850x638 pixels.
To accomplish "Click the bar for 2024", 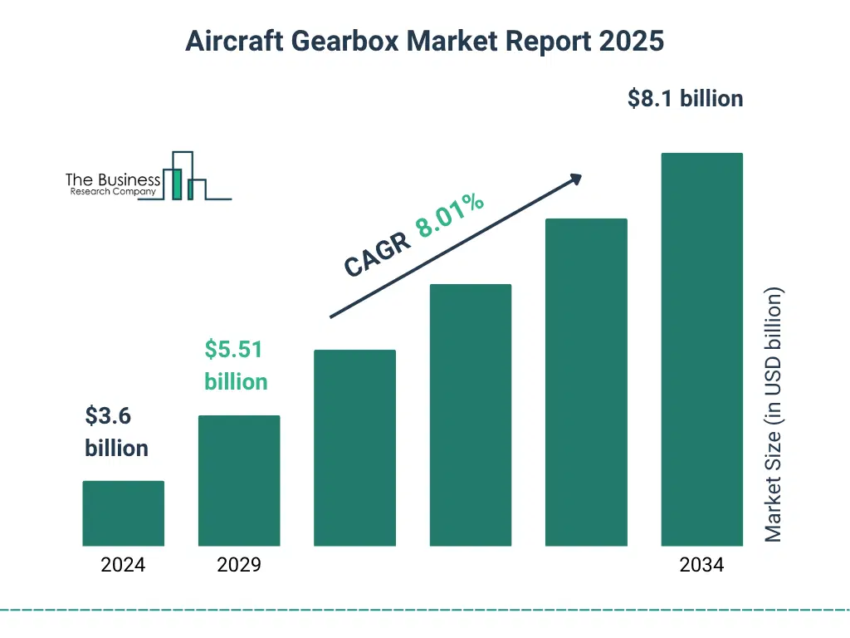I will (x=123, y=513).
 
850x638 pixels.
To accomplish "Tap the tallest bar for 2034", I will (x=701, y=349).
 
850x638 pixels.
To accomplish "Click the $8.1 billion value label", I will (x=685, y=99).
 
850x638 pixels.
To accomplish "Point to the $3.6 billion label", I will (x=116, y=432).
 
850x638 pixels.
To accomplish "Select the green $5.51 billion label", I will (x=236, y=366).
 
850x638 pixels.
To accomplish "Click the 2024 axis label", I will (x=123, y=566).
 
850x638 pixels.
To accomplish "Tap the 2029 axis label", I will (x=239, y=566).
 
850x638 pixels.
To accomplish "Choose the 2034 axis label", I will (x=701, y=566).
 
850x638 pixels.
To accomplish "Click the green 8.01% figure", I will (x=450, y=215).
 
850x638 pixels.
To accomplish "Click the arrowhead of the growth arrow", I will (x=574, y=179).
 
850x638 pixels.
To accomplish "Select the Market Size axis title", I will (x=774, y=415).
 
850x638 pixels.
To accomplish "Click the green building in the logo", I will (x=176, y=184).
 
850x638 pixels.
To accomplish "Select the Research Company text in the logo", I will (x=113, y=192).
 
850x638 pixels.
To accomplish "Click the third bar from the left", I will (x=354, y=448).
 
